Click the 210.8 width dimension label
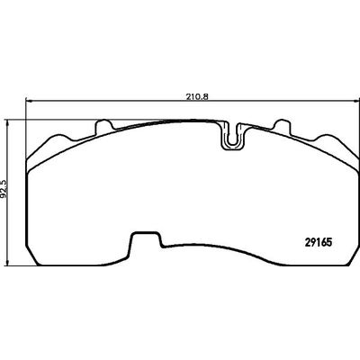coord(197,96)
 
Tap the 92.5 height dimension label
coord(4,188)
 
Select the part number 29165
coord(319,242)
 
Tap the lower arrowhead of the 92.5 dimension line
coord(8,263)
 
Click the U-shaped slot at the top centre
coord(232,136)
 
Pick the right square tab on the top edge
coord(283,127)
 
